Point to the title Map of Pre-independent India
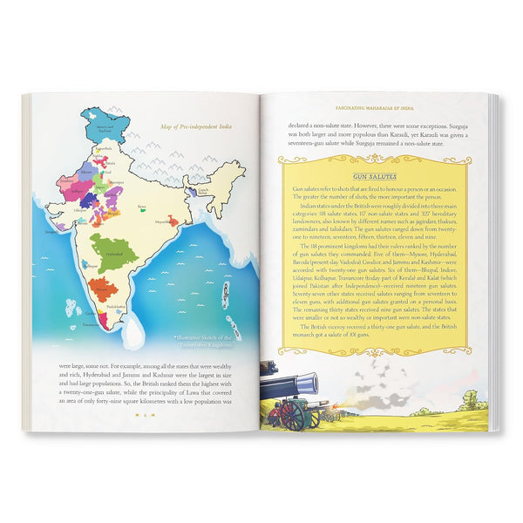click(204, 127)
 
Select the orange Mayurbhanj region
click(173, 221)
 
